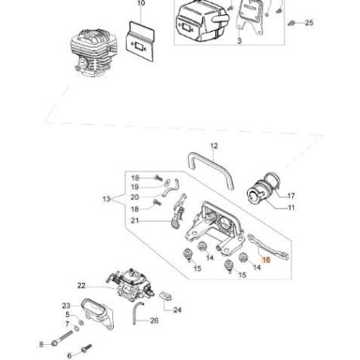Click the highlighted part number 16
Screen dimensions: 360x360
coord(267,260)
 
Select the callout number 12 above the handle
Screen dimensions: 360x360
coord(213,146)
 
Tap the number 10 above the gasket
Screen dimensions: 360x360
coord(141,4)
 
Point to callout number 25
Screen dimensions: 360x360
coord(309,23)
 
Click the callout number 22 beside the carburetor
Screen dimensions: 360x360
coord(81,284)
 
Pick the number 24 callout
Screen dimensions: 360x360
coord(177,309)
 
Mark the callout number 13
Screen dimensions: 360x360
coord(107,199)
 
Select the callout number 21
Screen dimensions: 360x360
coord(135,220)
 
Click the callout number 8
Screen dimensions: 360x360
coord(41,344)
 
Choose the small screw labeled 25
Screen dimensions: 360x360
coord(292,23)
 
